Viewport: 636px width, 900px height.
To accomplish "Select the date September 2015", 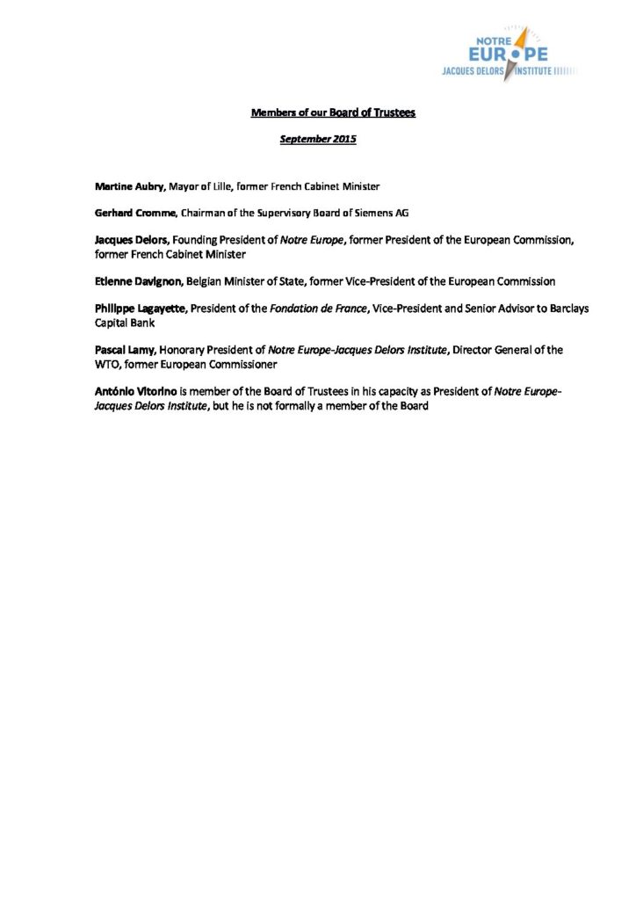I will pos(317,139).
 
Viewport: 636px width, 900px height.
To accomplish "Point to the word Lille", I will pos(233,187).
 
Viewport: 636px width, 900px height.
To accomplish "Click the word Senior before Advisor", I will pos(461,308).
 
